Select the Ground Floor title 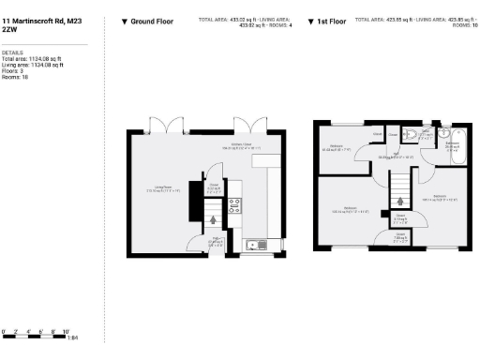[x=152, y=20]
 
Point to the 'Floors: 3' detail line [x=14, y=70]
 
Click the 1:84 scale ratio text [x=73, y=337]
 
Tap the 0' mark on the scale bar [x=3, y=332]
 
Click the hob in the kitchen [x=235, y=207]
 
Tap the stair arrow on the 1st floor [x=401, y=199]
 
